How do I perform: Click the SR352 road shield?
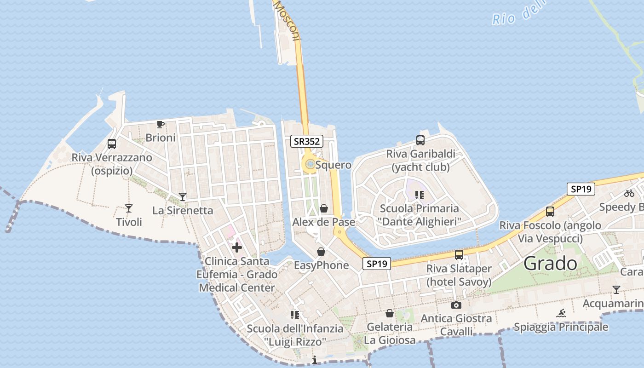(x=306, y=141)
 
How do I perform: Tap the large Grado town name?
(x=550, y=264)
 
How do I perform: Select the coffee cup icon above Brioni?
(x=160, y=124)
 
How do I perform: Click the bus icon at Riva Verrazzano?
(x=112, y=144)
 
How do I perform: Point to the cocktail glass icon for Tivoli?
(x=129, y=208)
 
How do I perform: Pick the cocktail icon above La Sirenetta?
(x=183, y=197)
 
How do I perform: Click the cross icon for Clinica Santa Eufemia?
(x=237, y=248)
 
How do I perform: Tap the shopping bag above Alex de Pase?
(x=324, y=209)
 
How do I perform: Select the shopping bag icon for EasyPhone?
(x=321, y=252)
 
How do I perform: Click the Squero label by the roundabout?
(x=333, y=165)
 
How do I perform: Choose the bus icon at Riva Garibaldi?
(x=420, y=140)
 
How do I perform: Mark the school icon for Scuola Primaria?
(x=419, y=195)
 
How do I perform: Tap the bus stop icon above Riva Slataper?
(x=459, y=255)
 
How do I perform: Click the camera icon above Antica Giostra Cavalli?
(x=456, y=305)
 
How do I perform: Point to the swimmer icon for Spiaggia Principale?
(x=561, y=314)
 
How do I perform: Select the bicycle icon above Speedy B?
(x=629, y=193)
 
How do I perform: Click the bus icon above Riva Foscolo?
(x=550, y=212)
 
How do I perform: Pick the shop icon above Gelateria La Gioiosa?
(x=390, y=313)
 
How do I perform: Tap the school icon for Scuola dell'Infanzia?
(x=295, y=315)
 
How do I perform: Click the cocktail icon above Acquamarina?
(x=616, y=290)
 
